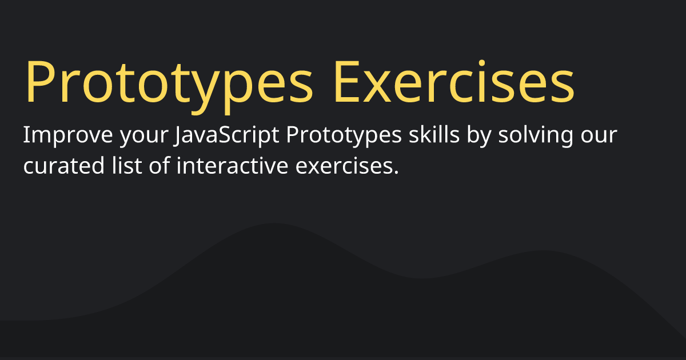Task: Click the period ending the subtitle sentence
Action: [396, 173]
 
